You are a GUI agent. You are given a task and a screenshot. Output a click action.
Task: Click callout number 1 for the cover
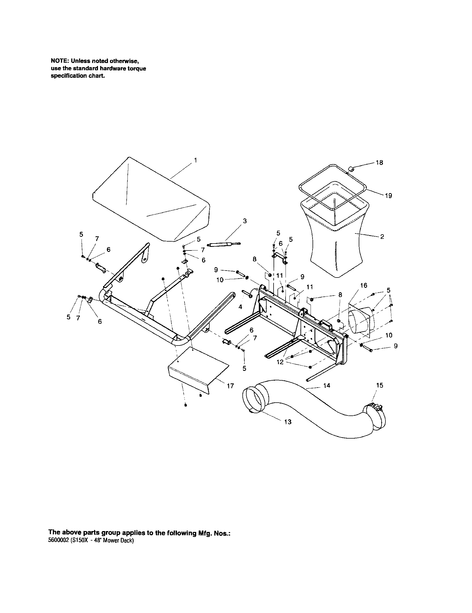[x=195, y=160]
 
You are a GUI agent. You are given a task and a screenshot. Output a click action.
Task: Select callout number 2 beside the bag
[x=382, y=237]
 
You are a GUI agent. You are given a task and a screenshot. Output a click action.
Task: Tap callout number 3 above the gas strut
[x=245, y=221]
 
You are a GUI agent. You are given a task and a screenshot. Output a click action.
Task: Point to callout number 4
[x=240, y=307]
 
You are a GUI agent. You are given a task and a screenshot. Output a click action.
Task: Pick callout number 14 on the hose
[x=327, y=386]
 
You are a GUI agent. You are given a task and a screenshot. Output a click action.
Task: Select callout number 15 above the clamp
[x=380, y=385]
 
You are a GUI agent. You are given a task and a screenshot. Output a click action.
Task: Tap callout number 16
[x=363, y=285]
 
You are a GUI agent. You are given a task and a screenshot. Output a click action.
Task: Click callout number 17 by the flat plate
[x=230, y=386]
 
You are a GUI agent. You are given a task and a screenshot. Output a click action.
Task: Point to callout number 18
[x=379, y=162]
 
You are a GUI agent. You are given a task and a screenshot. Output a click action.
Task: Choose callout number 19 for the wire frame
[x=388, y=196]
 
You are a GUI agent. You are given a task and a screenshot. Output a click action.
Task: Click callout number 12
[x=280, y=362]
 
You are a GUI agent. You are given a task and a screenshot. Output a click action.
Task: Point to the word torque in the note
[x=137, y=69]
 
